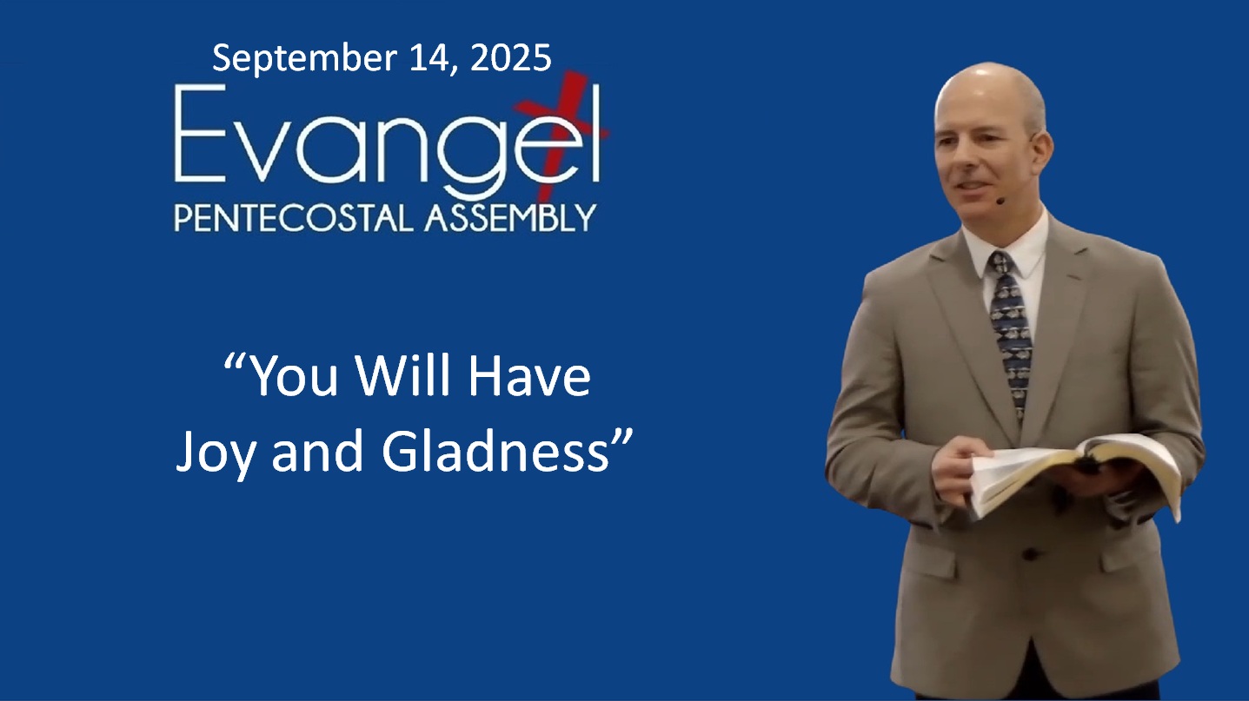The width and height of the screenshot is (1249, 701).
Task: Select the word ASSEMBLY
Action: [x=509, y=217]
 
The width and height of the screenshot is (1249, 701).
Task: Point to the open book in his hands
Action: [x=1078, y=469]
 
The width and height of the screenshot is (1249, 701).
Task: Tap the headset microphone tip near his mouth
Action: [x=1000, y=201]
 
